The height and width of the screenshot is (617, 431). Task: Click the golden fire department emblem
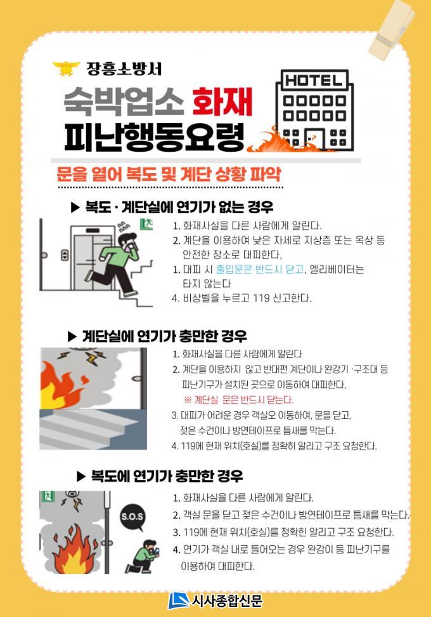coord(66,69)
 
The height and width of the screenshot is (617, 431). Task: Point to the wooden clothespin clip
coord(392,29)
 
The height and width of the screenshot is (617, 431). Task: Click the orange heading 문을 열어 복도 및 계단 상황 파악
coord(169,173)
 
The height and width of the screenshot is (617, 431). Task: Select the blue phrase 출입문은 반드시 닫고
coord(260,270)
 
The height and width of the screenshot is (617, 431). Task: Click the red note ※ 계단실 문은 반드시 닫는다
coord(238,400)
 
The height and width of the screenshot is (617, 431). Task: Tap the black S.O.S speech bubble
coord(132,517)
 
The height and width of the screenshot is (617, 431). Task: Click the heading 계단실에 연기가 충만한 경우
coord(157,336)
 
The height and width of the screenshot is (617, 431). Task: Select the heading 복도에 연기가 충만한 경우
coord(160,477)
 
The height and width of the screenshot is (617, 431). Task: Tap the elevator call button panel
coord(65,255)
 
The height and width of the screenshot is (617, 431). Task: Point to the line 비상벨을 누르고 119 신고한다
coord(242,298)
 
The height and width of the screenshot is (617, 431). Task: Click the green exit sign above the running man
coord(146,225)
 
